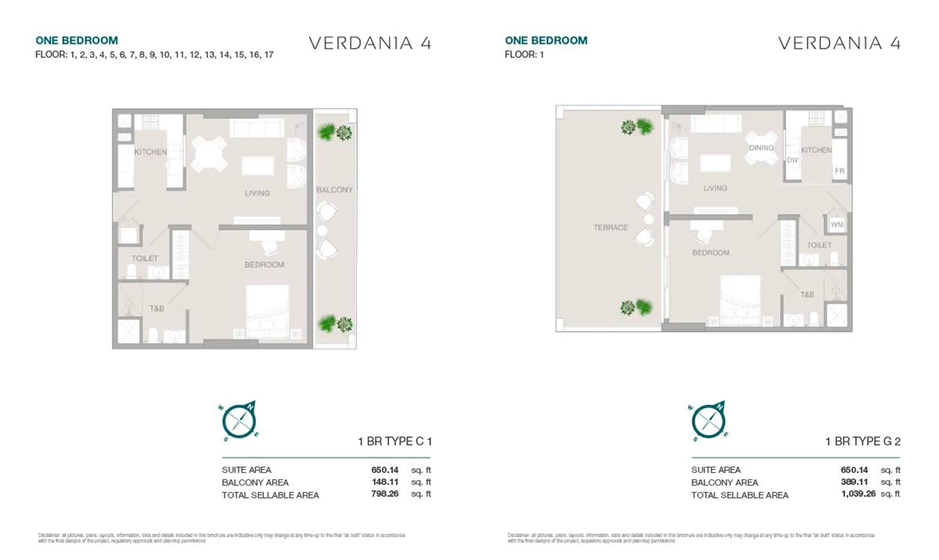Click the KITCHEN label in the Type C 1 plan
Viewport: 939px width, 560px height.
click(x=150, y=152)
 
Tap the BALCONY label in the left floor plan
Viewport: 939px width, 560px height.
click(x=334, y=190)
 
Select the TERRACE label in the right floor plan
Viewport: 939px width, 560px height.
click(x=610, y=228)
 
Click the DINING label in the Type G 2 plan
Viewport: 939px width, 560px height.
click(x=761, y=147)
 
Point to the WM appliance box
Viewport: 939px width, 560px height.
click(x=836, y=225)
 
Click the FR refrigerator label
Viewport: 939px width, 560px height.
click(x=839, y=171)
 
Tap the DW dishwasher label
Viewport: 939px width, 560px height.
click(x=792, y=161)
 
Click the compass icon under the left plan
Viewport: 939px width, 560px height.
click(x=241, y=421)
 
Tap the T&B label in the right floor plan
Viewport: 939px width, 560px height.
click(x=807, y=294)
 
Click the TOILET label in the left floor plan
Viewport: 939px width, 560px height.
click(x=145, y=258)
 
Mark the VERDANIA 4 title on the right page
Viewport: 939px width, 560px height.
click(x=839, y=43)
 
